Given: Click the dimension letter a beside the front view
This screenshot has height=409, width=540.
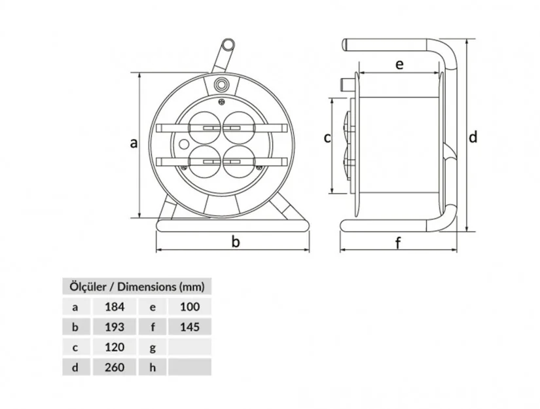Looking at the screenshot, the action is click(x=134, y=143).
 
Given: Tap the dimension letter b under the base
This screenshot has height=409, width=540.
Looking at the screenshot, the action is click(x=236, y=241).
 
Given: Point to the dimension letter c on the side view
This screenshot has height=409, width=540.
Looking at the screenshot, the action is click(x=327, y=138).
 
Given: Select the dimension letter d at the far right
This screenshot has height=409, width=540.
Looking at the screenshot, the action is click(x=473, y=137).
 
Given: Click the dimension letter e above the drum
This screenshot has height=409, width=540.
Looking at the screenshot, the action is click(x=399, y=64).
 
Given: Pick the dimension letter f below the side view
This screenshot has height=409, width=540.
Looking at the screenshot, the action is click(x=398, y=243).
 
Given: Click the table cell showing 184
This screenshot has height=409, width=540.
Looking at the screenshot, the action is click(x=115, y=307).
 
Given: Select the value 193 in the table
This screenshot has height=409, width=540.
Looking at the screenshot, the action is click(x=115, y=327).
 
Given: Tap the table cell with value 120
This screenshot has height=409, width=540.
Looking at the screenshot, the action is click(x=115, y=347).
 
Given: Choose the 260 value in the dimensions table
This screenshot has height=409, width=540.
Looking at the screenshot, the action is click(x=115, y=367).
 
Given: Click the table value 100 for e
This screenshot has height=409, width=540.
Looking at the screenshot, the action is click(x=190, y=307).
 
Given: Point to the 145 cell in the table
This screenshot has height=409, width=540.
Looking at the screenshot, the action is click(x=190, y=327).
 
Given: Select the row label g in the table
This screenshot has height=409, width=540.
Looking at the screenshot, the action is click(x=153, y=347).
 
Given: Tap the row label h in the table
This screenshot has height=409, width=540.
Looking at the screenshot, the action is click(x=153, y=367).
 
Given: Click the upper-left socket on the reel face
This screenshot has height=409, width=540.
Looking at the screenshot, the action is click(x=206, y=128).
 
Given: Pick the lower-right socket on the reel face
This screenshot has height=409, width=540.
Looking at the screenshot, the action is click(x=239, y=161).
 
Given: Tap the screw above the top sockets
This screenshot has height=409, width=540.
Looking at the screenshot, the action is click(x=222, y=101).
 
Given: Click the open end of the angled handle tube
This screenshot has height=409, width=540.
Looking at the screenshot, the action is click(x=228, y=45).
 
